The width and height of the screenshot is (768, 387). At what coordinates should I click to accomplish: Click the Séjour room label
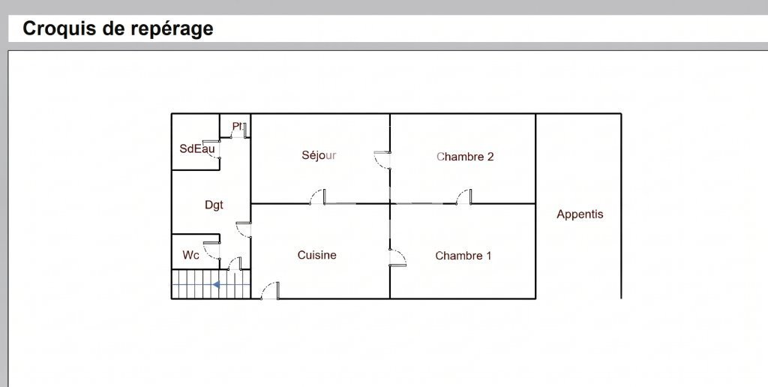(319, 155)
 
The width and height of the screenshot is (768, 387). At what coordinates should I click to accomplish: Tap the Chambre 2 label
(465, 157)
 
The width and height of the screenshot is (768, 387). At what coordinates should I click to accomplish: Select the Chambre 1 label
(463, 256)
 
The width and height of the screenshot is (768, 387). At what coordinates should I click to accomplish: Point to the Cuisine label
(317, 255)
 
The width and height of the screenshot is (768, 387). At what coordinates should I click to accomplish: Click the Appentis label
(580, 214)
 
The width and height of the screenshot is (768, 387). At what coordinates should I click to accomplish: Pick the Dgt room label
(214, 205)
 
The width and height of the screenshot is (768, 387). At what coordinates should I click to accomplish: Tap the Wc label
(190, 255)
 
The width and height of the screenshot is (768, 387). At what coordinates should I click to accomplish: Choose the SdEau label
(197, 148)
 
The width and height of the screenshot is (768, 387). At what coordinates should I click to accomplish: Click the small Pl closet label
(238, 127)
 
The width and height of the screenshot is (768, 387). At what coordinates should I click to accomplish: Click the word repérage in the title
(172, 29)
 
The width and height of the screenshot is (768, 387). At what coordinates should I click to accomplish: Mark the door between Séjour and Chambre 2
(382, 160)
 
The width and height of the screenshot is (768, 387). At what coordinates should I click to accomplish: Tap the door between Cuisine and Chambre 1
(397, 258)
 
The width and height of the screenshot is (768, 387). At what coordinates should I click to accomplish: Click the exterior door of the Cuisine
(270, 290)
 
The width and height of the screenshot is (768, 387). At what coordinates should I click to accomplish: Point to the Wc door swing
(211, 250)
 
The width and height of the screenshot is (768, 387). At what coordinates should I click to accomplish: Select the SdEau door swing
(211, 149)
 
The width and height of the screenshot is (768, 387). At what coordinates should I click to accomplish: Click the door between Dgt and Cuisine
(244, 229)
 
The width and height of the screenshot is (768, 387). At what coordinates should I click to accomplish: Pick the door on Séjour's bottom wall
(318, 196)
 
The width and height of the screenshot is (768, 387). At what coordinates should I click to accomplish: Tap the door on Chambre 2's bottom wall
(463, 196)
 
